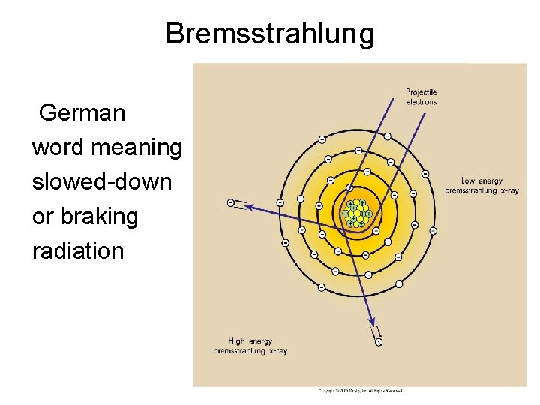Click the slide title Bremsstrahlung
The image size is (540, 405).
point(269,34)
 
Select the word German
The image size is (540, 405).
point(82,113)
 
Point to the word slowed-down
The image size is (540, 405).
point(102,182)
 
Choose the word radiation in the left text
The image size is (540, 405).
point(78,251)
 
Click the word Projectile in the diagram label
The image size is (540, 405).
point(421,92)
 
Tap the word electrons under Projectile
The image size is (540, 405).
point(421,101)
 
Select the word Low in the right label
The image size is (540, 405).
point(468,181)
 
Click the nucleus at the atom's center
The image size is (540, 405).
point(355,213)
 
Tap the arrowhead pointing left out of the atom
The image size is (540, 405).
point(248,205)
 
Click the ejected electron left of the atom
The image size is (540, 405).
point(231,202)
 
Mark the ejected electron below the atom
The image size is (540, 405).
point(379,342)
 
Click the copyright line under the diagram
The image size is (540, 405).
point(361,391)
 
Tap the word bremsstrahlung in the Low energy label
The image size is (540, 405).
point(470,190)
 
